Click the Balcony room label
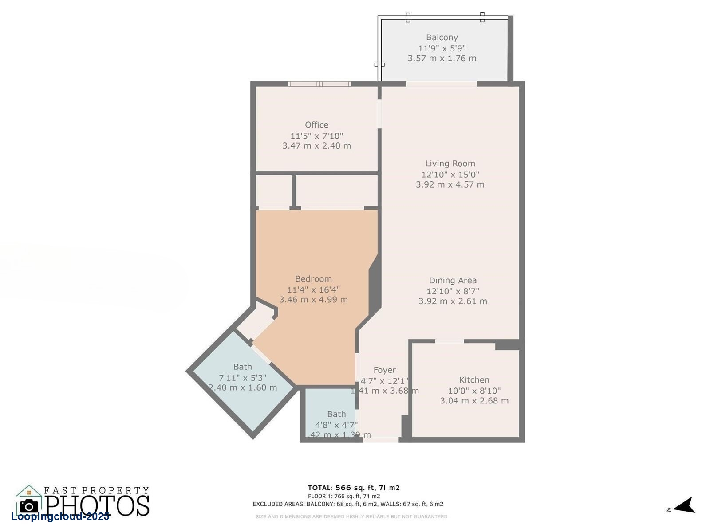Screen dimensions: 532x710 pyautogui.click(x=442, y=38)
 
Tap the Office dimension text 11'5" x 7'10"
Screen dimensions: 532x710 pyautogui.click(x=316, y=136)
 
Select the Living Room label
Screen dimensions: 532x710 pyautogui.click(x=450, y=164)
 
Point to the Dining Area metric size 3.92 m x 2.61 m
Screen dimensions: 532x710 pyautogui.click(x=453, y=301)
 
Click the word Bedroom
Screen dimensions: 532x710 pyautogui.click(x=313, y=279)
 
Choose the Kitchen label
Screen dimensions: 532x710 pyautogui.click(x=474, y=380)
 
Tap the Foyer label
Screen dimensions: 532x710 pyautogui.click(x=384, y=370)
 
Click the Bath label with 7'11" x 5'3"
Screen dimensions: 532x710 pyautogui.click(x=242, y=367)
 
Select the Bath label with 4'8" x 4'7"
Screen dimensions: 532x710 pyautogui.click(x=336, y=414)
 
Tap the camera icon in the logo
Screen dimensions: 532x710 pyautogui.click(x=29, y=506)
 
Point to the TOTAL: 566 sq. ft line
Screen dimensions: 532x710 pyautogui.click(x=354, y=488)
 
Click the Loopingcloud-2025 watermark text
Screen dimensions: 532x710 pyautogui.click(x=60, y=517)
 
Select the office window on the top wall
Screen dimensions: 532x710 pyautogui.click(x=319, y=84)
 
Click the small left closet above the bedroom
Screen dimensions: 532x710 pyautogui.click(x=273, y=191)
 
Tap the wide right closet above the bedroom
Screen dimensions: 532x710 pyautogui.click(x=336, y=191)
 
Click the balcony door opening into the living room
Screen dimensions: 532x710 pyautogui.click(x=442, y=84)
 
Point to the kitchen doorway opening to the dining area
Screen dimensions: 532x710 pyautogui.click(x=449, y=341)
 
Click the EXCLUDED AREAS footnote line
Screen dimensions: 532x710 pyautogui.click(x=348, y=504)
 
